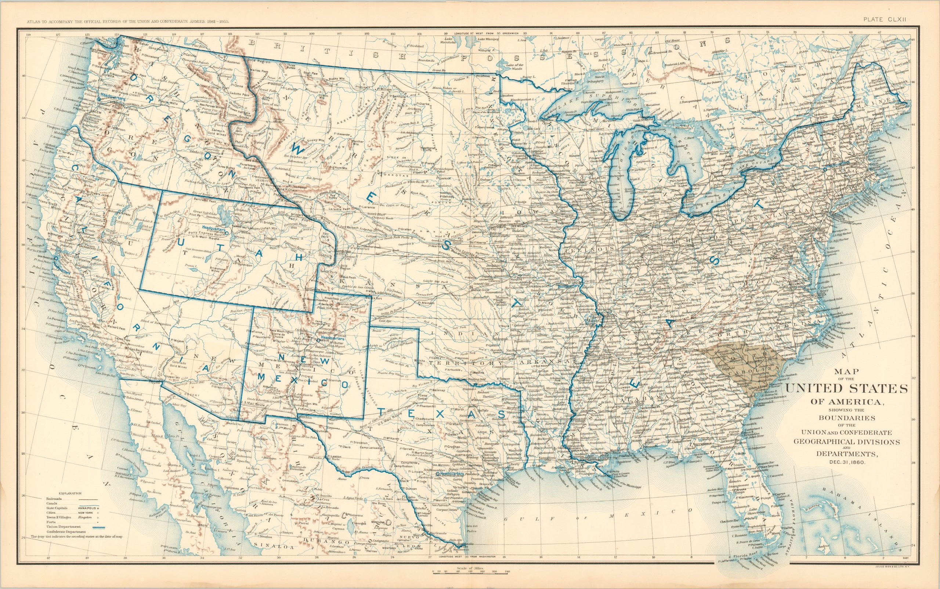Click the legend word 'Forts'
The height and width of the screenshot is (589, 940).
coord(50,522)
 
